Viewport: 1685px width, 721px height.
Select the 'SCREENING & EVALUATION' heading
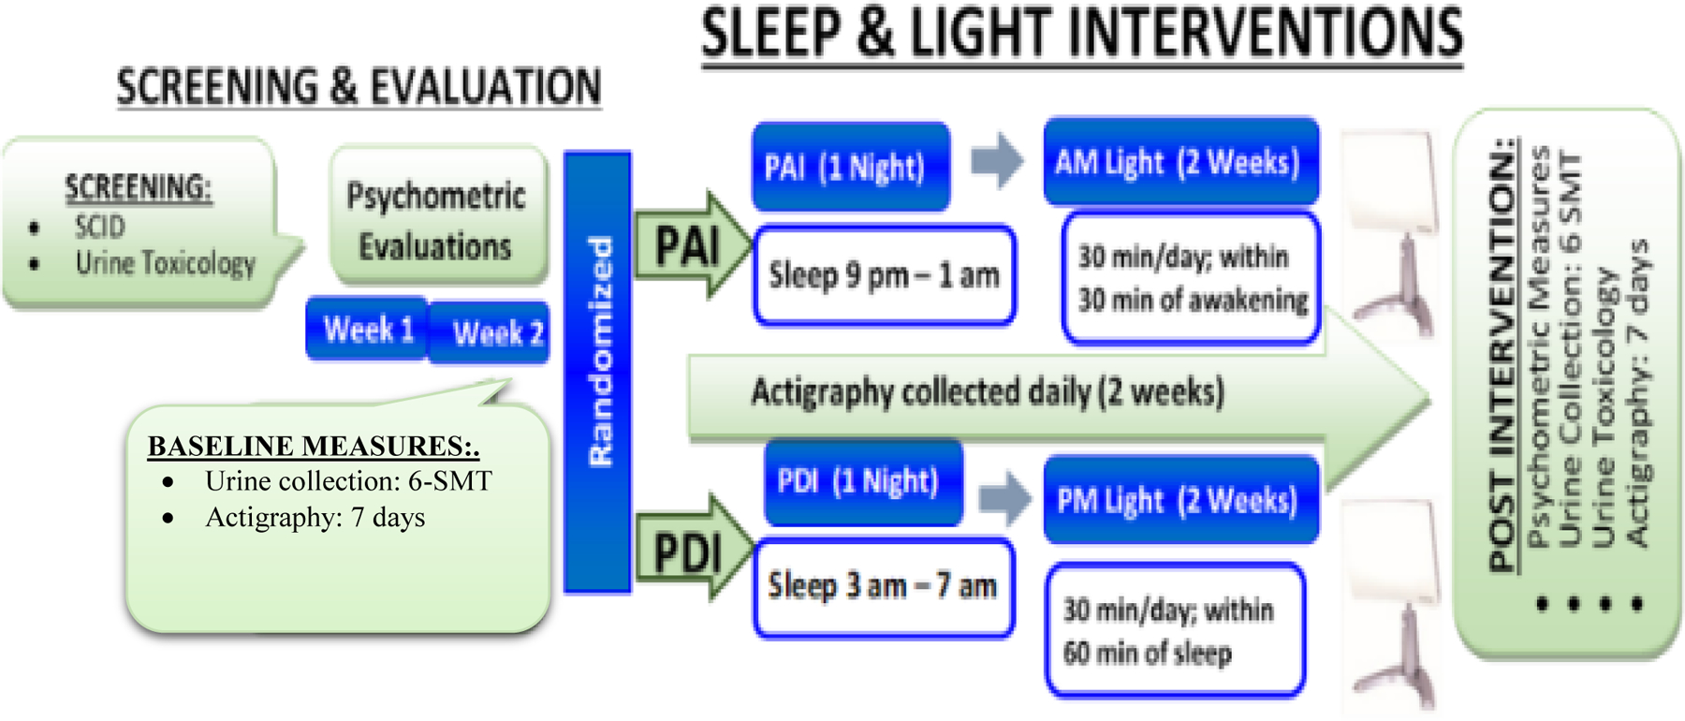point(359,87)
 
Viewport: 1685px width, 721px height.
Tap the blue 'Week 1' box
point(368,329)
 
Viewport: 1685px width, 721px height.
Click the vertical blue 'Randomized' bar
point(597,372)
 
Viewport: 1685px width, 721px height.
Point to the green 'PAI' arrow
point(693,245)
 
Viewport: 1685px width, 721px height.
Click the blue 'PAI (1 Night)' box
point(851,166)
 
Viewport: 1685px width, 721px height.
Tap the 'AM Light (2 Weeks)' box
point(1180,161)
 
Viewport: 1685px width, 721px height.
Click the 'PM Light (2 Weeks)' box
point(1180,500)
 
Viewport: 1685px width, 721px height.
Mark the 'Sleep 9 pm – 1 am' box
point(885,275)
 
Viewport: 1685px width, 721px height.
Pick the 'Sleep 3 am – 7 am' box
point(884,587)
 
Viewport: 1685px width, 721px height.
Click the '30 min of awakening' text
point(1193,301)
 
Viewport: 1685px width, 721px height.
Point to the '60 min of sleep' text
point(1147,653)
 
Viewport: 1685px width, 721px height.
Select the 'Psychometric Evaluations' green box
point(438,216)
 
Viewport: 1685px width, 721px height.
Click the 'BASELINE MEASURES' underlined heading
point(314,446)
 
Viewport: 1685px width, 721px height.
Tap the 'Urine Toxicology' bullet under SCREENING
point(166,264)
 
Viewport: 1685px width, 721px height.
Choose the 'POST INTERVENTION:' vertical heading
point(1502,355)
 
